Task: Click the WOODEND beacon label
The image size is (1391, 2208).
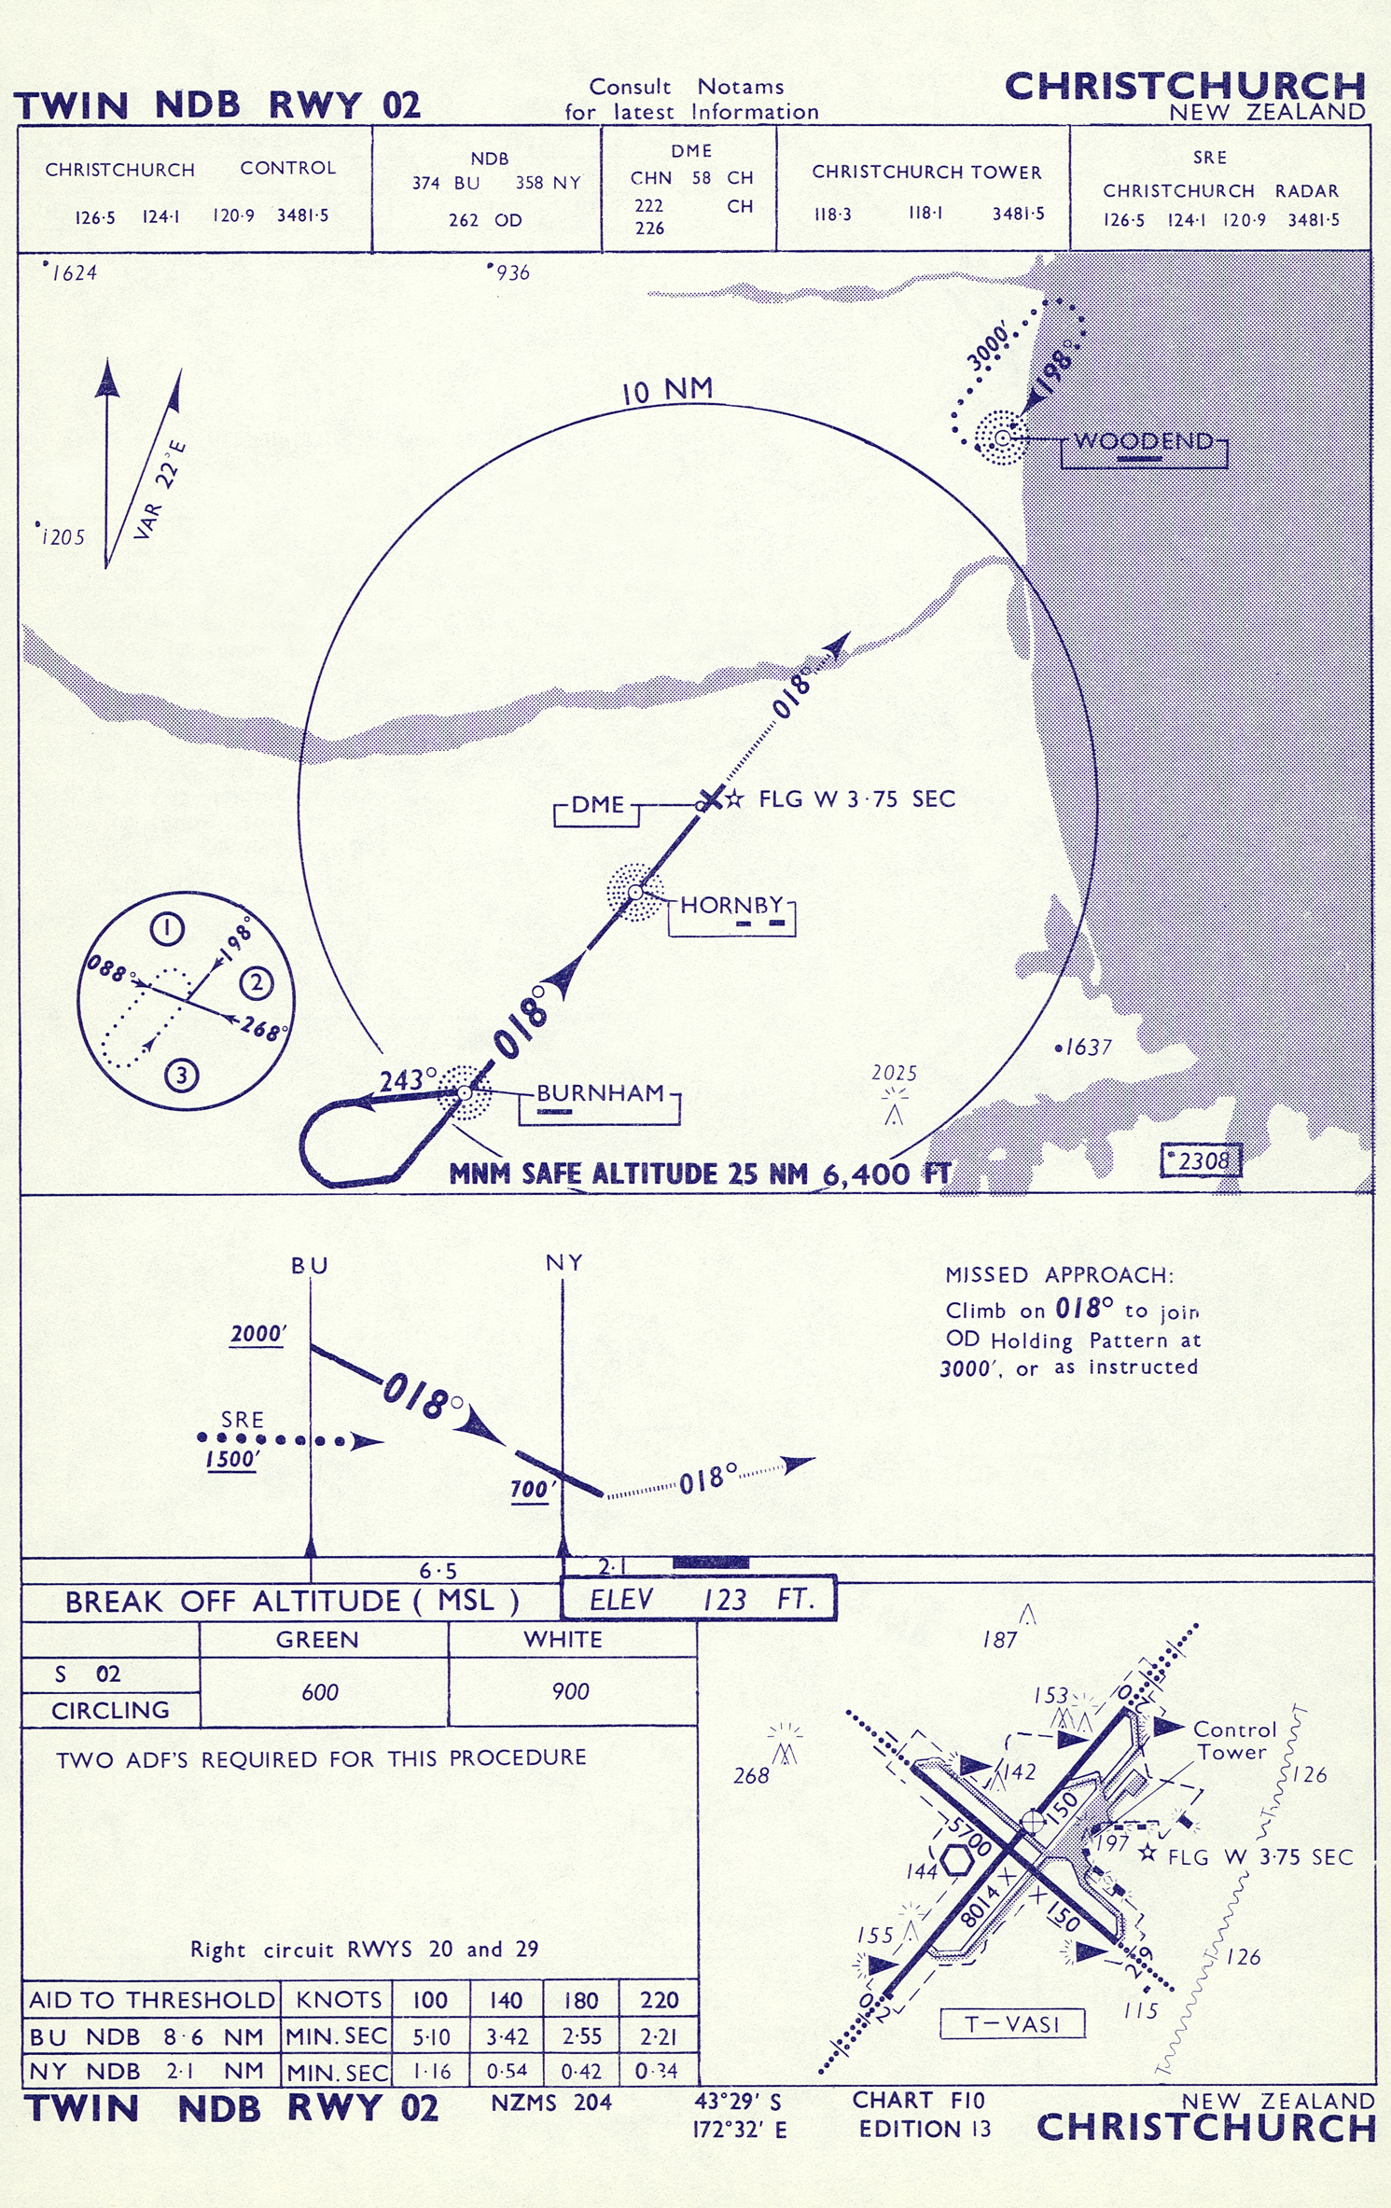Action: pyautogui.click(x=1144, y=440)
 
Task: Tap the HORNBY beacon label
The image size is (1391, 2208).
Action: pyautogui.click(x=731, y=905)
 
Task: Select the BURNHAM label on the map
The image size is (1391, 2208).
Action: pyautogui.click(x=600, y=1092)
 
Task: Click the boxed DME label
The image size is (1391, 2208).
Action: pyautogui.click(x=597, y=805)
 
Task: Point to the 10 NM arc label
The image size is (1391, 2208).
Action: pyautogui.click(x=668, y=390)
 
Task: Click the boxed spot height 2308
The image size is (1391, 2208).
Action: pyautogui.click(x=1201, y=1160)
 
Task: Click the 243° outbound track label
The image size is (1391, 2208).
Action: pyautogui.click(x=408, y=1080)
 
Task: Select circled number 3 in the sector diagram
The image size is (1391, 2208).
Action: pyautogui.click(x=181, y=1076)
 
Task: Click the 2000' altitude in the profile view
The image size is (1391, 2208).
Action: pyautogui.click(x=258, y=1334)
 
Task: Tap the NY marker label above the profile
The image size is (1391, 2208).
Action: pyautogui.click(x=564, y=1262)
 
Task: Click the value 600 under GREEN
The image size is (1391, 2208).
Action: pyautogui.click(x=320, y=1692)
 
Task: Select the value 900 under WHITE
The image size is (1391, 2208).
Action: pyautogui.click(x=570, y=1691)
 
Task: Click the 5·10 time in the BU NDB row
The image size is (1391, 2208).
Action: pyautogui.click(x=431, y=2036)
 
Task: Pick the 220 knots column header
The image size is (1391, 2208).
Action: pyautogui.click(x=659, y=2000)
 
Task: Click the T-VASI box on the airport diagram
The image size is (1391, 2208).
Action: pyautogui.click(x=1012, y=2023)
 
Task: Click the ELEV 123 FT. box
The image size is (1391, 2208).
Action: pyautogui.click(x=698, y=1600)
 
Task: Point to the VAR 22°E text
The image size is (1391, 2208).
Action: pyautogui.click(x=160, y=490)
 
